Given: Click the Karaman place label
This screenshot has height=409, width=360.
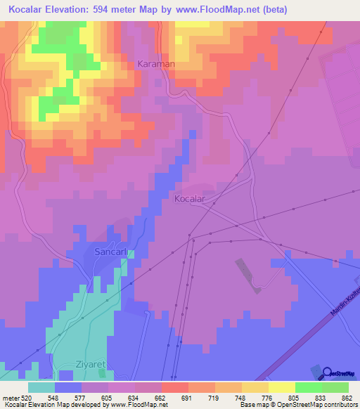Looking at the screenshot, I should click(155, 63).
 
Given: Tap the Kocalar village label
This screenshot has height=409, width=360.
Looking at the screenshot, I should click(189, 199).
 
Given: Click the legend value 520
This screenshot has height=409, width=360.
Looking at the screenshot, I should click(27, 397).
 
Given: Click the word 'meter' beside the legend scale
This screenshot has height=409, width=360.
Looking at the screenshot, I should click(10, 397).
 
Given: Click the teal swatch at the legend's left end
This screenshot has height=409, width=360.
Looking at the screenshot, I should click(41, 387).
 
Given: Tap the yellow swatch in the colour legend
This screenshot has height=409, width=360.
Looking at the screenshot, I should click(282, 387).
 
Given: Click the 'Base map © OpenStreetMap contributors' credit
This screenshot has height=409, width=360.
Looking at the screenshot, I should click(298, 405).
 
